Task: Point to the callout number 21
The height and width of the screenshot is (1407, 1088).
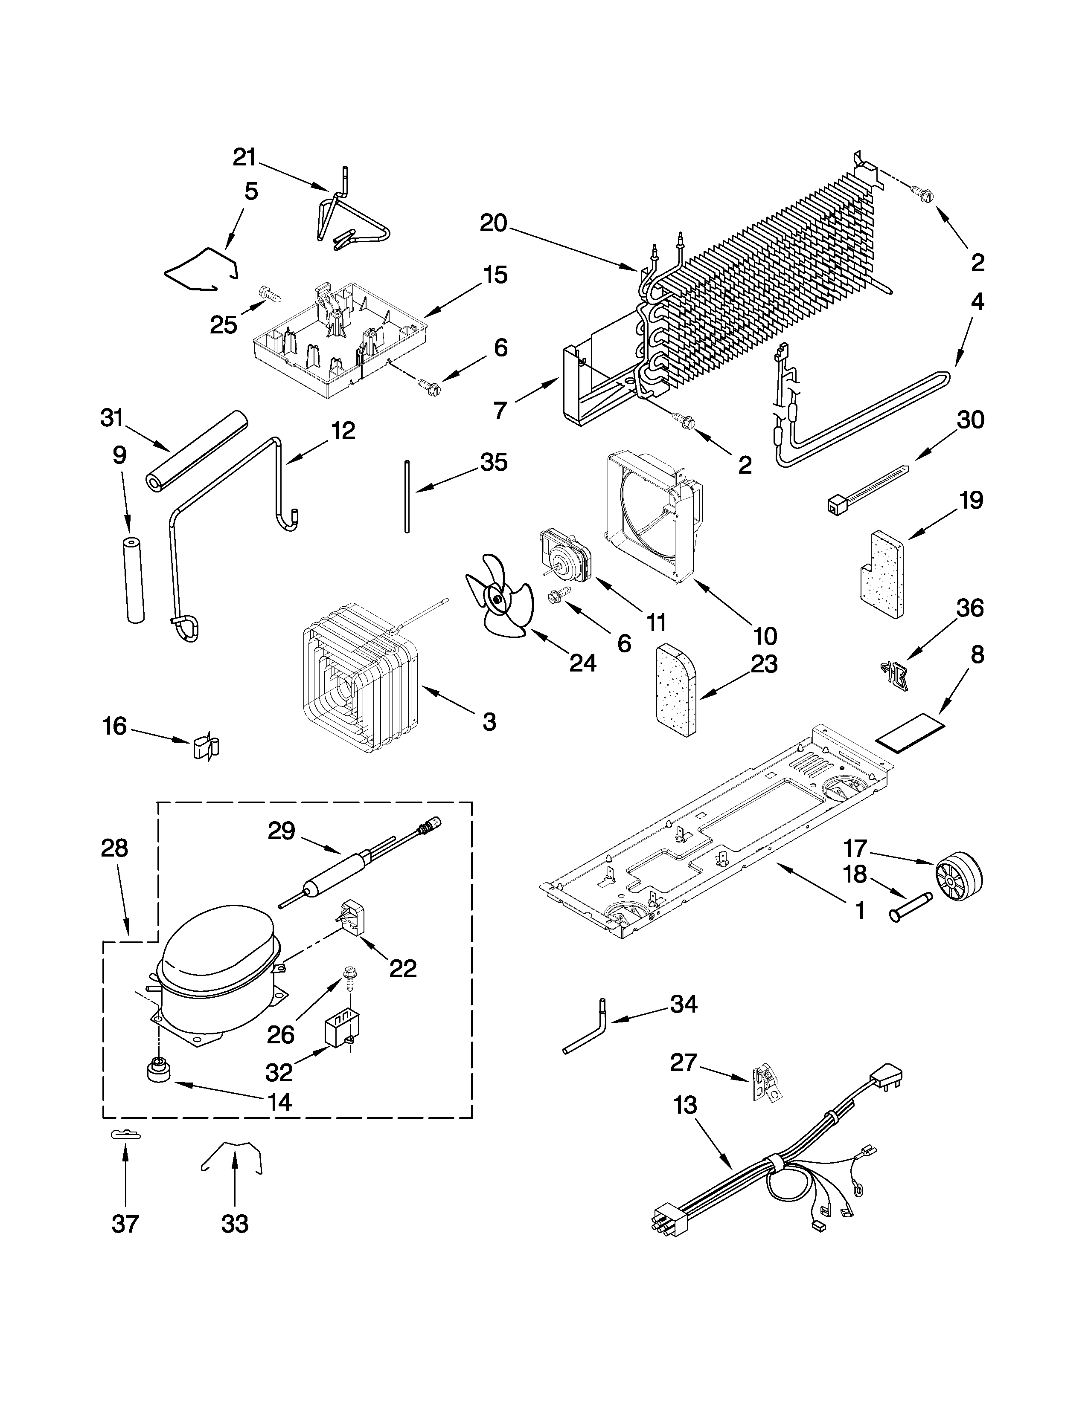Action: click(x=244, y=157)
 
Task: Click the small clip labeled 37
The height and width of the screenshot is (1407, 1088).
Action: click(x=125, y=1135)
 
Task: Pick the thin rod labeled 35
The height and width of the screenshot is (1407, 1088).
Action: click(x=407, y=495)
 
